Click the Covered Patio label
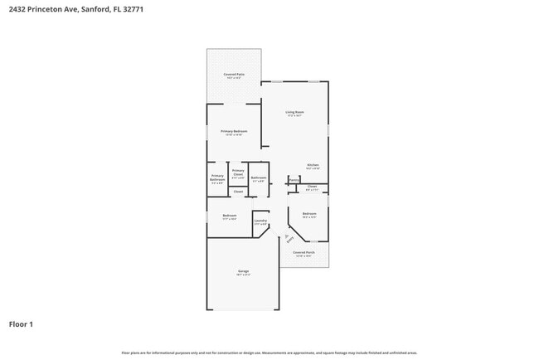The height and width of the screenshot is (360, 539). tap(234, 75)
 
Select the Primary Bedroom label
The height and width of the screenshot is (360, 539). tap(234, 131)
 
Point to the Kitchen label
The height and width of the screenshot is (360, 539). tap(313, 164)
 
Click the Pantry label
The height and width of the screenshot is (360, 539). tap(294, 179)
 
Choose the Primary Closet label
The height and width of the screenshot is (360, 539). tap(238, 173)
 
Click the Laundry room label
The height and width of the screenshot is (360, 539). tap(260, 221)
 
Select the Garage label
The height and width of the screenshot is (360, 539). tap(243, 271)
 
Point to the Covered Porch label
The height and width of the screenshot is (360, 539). tap(303, 252)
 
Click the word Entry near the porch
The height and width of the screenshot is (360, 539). tap(289, 241)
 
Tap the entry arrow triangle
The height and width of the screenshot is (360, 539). tap(286, 235)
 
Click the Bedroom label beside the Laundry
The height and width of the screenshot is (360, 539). tap(230, 216)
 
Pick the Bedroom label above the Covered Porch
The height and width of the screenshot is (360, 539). tap(309, 214)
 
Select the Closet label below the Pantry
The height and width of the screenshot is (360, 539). tap(312, 187)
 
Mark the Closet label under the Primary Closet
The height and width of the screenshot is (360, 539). tap(238, 192)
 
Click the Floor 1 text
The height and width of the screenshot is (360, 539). tap(21, 324)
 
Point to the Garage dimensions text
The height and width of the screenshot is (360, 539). tap(243, 275)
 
